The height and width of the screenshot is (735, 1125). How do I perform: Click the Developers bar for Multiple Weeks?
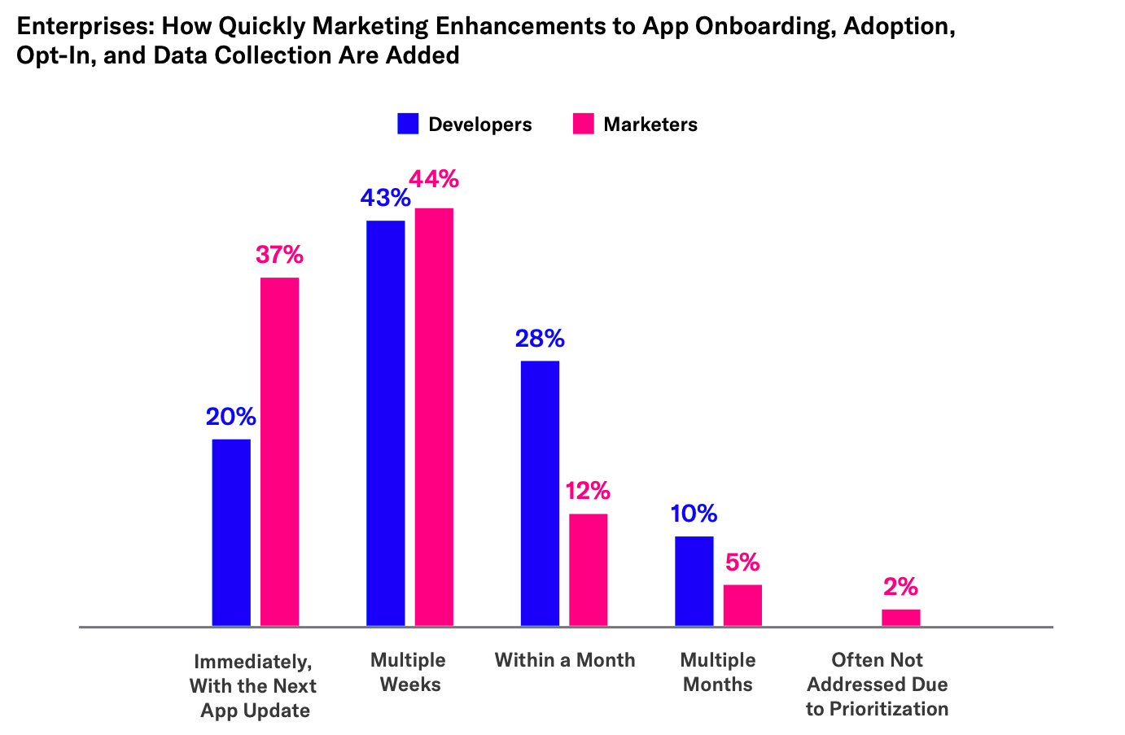coord(385,422)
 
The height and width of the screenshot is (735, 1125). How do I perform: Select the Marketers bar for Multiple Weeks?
coord(434,417)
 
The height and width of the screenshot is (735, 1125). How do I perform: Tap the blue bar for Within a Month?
coord(540,493)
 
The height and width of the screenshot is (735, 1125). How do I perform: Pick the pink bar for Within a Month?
coord(588,570)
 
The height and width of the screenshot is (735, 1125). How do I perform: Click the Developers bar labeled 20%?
coord(231,532)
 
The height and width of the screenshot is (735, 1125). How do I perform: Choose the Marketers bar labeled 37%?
coord(279,452)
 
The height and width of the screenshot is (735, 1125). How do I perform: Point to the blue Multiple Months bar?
coord(694,581)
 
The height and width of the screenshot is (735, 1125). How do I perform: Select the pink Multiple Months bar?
coord(742,605)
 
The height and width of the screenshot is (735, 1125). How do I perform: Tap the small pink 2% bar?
coord(900,618)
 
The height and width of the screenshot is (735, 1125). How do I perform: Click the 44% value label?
coord(434,179)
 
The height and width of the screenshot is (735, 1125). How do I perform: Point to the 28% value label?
coord(540,339)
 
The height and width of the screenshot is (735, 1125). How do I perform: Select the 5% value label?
coord(742,562)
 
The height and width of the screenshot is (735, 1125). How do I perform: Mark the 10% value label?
coord(694,514)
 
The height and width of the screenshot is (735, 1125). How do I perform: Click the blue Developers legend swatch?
coord(408,124)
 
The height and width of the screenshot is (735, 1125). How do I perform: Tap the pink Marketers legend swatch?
coord(584,124)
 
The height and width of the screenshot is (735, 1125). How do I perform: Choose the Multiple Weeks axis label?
coord(409,672)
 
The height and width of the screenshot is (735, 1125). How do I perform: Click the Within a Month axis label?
coord(565,660)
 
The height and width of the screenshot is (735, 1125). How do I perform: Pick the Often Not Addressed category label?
coord(878,685)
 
